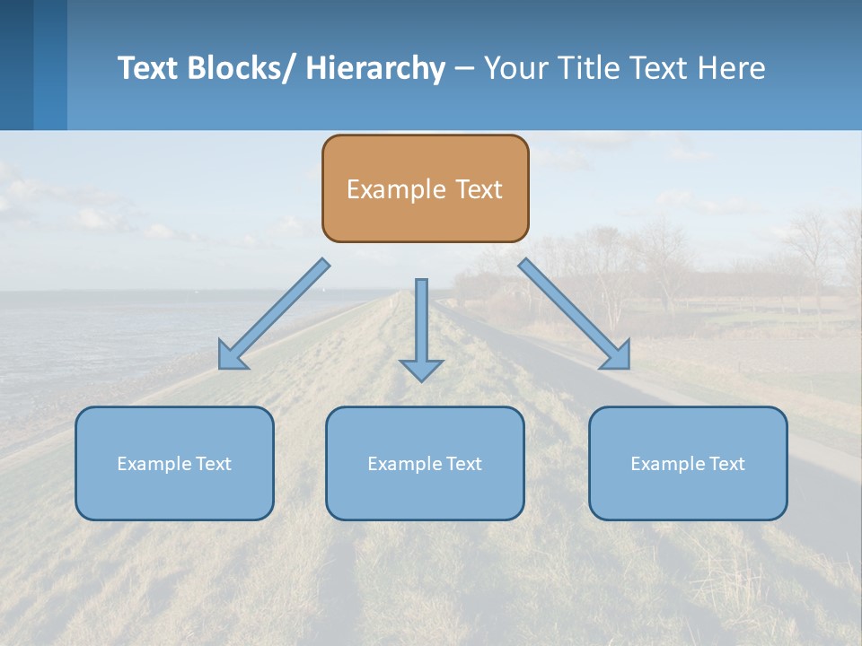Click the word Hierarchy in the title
375,68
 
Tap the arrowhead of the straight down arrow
421,369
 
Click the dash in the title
464,68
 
